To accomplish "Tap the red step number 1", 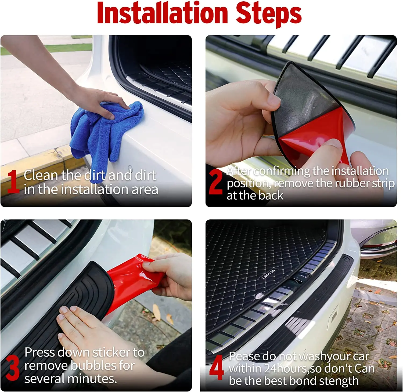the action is point(13,182).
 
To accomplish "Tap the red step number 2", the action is point(216,182).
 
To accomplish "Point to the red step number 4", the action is point(217,368).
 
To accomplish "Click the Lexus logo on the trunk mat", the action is point(268,274).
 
